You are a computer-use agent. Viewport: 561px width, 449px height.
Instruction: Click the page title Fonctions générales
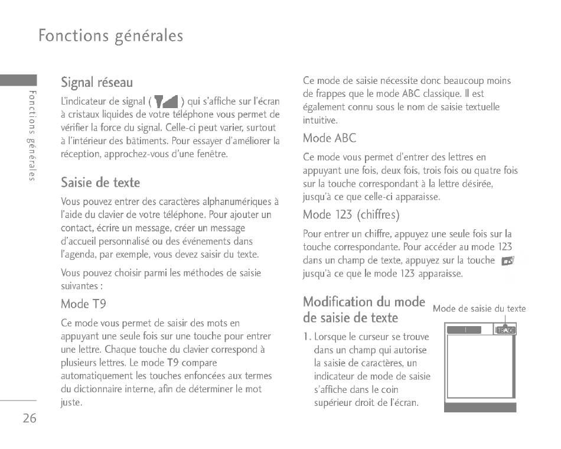(110, 35)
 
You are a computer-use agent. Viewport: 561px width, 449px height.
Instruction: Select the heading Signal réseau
(97, 82)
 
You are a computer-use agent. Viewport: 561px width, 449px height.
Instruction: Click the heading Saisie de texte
(100, 182)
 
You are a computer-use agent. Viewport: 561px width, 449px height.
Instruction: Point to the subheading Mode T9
(83, 304)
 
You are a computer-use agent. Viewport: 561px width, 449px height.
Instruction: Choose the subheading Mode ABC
(330, 138)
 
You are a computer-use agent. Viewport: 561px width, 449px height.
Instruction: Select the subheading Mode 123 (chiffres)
(351, 214)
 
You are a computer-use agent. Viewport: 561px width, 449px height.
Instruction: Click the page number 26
(30, 418)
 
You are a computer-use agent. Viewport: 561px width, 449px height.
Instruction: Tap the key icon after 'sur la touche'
(507, 261)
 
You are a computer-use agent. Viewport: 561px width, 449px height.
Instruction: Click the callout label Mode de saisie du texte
(479, 308)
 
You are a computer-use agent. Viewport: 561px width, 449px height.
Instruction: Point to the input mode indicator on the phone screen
(505, 330)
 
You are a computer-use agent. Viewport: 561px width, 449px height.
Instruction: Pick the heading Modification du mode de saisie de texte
(363, 310)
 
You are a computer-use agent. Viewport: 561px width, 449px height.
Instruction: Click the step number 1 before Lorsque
(306, 337)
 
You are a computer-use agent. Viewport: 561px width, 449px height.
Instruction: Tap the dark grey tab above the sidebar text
(18, 81)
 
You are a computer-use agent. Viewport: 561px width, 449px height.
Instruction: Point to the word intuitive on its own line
(320, 120)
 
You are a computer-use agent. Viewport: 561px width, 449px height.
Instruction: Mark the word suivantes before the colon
(79, 285)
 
